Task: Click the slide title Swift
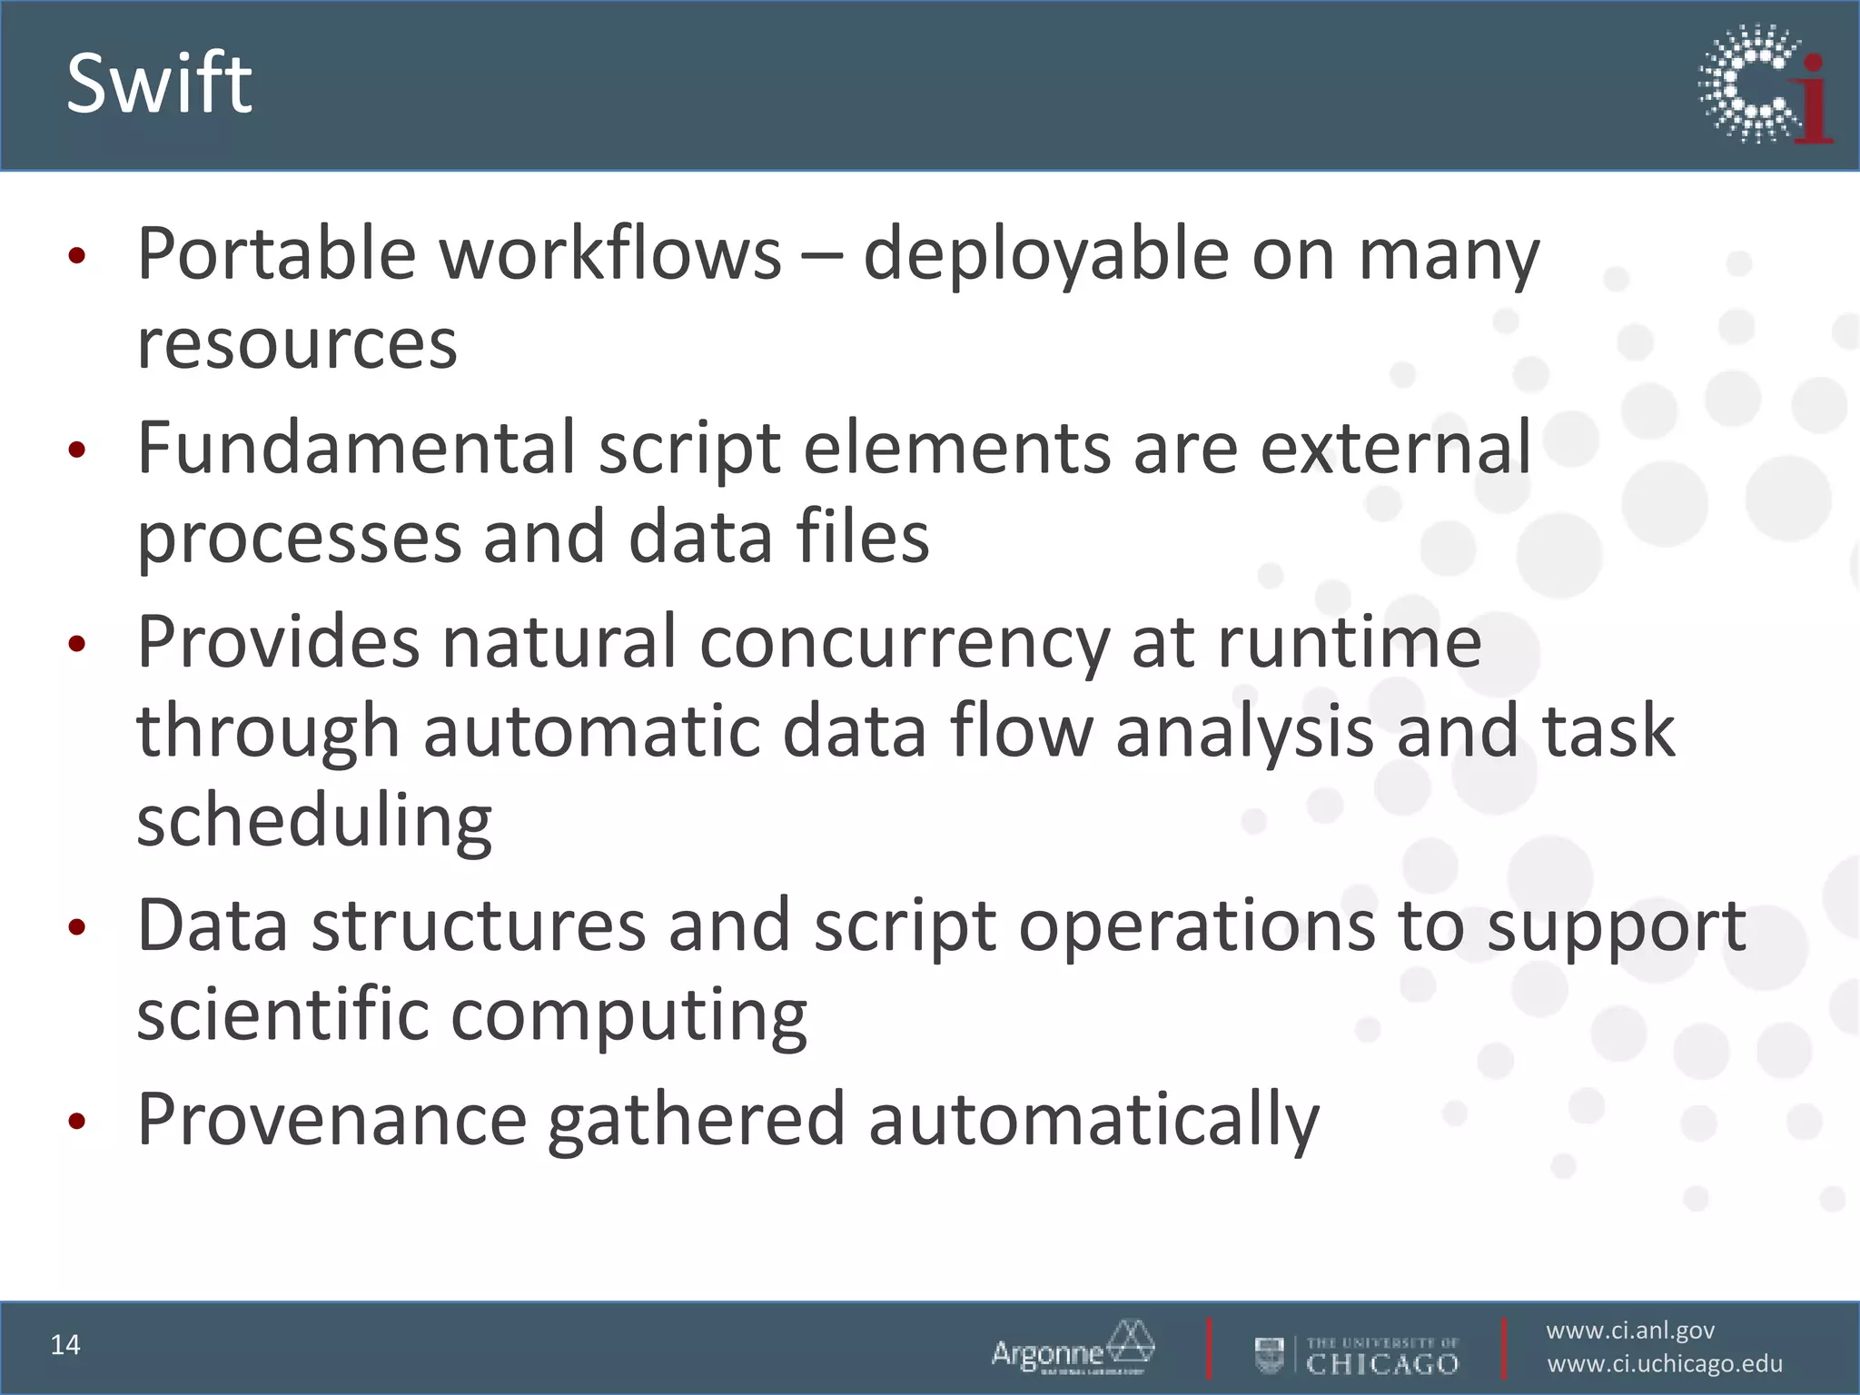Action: coord(159,84)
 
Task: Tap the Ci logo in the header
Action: coord(1765,84)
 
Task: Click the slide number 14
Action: coord(65,1345)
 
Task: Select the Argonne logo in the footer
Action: coord(1073,1349)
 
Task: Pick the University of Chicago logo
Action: coord(1357,1355)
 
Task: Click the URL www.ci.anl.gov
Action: coord(1630,1331)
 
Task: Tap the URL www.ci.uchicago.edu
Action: coord(1665,1364)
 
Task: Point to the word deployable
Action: coord(1045,255)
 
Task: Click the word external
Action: coord(1396,448)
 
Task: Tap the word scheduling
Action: coord(314,822)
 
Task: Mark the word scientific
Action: coord(282,1014)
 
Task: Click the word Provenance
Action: coord(332,1119)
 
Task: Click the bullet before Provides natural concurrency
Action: coord(77,644)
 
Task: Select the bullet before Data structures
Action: coord(77,927)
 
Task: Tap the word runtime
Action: coord(1350,643)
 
